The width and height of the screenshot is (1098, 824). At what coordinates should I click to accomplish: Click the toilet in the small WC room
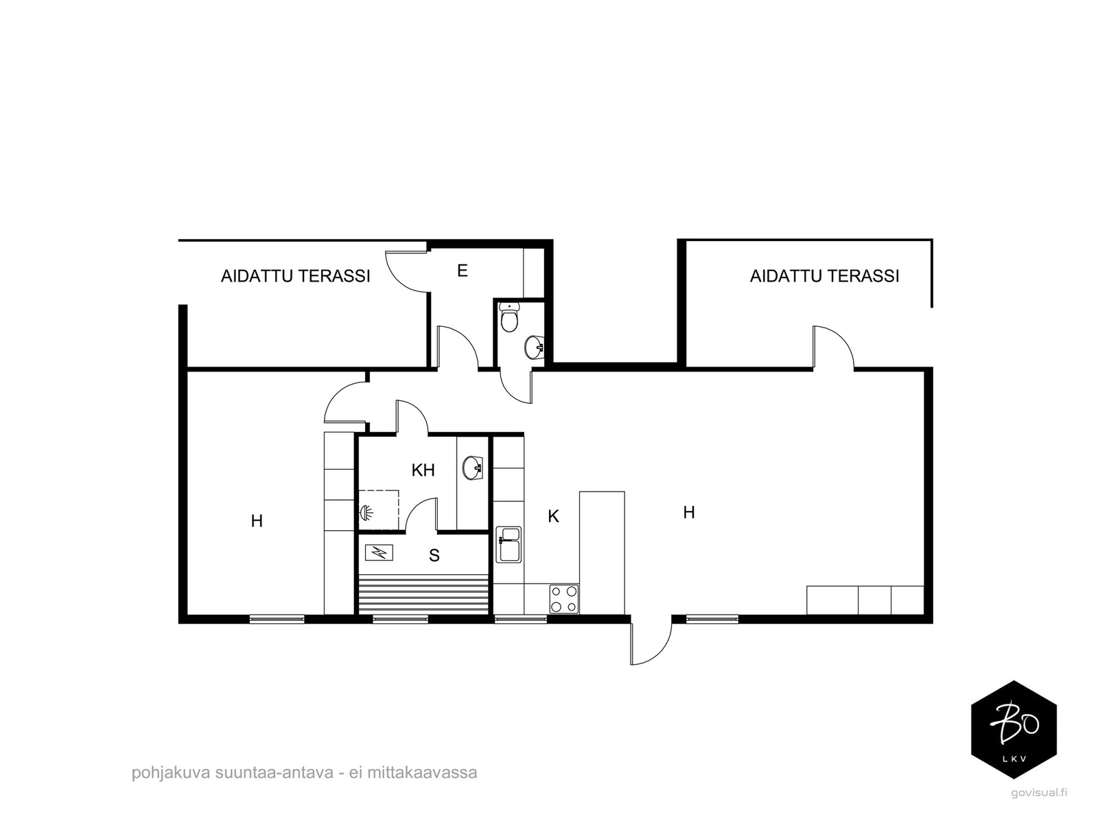(509, 317)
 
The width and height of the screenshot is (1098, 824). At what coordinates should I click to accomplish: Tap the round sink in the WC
(534, 347)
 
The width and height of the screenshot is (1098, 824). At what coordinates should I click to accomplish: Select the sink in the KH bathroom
(473, 468)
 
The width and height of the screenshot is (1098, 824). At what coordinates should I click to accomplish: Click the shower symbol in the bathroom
(366, 512)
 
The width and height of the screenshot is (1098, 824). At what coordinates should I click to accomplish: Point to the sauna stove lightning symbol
(379, 552)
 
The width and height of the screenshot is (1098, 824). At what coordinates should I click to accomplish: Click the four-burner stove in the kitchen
(564, 599)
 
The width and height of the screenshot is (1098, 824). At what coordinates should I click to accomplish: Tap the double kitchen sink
(509, 545)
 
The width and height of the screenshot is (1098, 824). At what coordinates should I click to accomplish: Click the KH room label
(423, 470)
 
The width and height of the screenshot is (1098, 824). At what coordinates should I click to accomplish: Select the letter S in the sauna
(434, 556)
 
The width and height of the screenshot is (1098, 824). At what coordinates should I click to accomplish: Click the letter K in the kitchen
(552, 516)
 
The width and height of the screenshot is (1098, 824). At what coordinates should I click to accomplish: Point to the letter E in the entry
(463, 271)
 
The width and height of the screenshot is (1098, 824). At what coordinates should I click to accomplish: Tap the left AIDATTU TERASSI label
(295, 276)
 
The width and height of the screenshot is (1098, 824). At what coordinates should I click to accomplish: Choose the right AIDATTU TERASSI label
(824, 276)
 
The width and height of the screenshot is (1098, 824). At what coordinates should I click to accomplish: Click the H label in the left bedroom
(257, 521)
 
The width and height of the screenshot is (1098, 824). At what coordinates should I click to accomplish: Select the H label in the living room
(689, 512)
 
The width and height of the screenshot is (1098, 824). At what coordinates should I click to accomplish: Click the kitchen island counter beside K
(602, 553)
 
